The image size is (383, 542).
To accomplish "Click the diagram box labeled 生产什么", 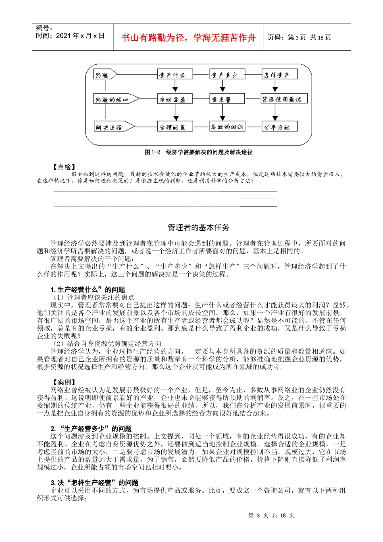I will click(175, 75).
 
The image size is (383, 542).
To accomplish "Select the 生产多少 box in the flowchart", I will click(227, 75).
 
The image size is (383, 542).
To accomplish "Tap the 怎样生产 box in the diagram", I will click(279, 75).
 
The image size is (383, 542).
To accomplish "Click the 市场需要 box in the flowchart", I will click(175, 99).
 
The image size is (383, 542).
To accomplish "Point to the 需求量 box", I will click(227, 99).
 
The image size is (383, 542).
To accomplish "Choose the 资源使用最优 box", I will click(284, 99).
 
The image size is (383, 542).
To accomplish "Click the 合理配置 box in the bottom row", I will click(175, 127).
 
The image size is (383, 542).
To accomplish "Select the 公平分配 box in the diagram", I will click(279, 127).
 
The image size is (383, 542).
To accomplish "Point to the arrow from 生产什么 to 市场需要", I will click(175, 86).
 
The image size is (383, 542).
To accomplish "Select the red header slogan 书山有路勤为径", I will click(189, 38).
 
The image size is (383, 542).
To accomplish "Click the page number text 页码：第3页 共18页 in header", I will click(299, 38).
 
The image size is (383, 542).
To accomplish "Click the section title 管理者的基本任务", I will click(198, 227).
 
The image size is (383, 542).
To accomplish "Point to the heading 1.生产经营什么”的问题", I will click(88, 290).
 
